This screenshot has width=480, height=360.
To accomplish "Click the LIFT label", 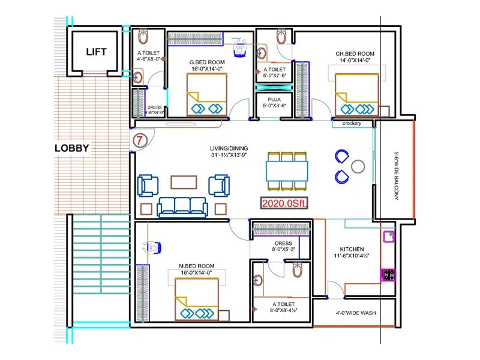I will (x=96, y=52).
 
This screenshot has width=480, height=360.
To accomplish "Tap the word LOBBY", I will (x=71, y=148).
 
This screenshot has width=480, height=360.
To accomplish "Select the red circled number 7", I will (x=139, y=142).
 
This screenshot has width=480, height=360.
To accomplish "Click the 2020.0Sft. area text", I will (x=284, y=203).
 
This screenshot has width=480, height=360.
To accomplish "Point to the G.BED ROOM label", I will (x=207, y=62).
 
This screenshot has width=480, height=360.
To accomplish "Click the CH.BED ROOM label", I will (x=355, y=54).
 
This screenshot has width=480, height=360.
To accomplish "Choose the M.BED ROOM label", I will (x=197, y=266).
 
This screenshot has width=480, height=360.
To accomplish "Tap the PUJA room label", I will (x=275, y=98).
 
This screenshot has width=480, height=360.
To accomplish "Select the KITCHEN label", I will (x=351, y=250).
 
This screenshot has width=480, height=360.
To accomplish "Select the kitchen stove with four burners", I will (x=388, y=275).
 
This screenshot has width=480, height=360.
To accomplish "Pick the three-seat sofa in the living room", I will (x=182, y=207).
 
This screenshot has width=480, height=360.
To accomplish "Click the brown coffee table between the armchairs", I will (x=183, y=181).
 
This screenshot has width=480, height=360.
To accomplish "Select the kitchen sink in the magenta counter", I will (x=389, y=236).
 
